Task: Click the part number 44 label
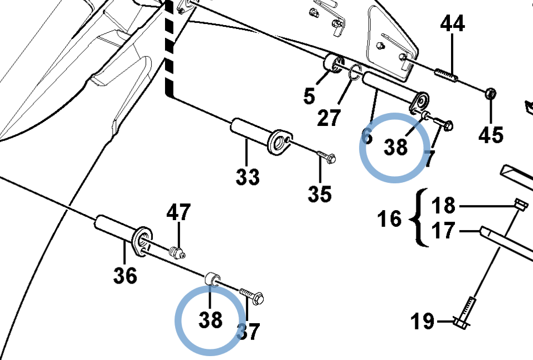pos(452,24)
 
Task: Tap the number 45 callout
pos(491,135)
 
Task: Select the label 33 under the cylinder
pos(248,178)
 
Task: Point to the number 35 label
pos(319,194)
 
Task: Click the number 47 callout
pos(178,212)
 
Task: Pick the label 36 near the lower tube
pos(125,275)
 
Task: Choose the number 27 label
pos(329,118)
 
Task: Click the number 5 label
pos(309,96)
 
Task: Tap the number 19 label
pos(423,322)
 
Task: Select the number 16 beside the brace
pos(389,218)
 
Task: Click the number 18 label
pos(444,206)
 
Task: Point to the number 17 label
pos(444,230)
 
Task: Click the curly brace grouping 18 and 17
pos(416,218)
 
